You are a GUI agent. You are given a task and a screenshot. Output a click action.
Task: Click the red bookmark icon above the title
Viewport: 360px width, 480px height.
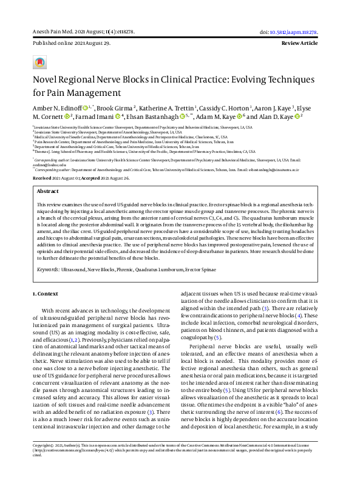point(40,63)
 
